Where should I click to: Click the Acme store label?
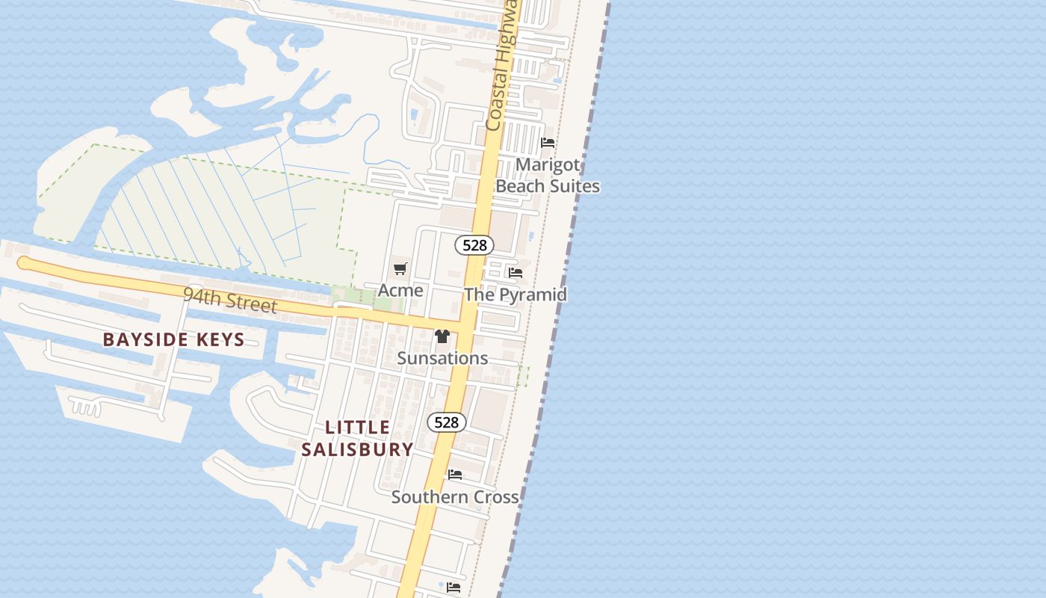click(400, 290)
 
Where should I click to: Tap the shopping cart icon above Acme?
click(400, 268)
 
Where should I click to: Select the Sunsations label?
click(442, 358)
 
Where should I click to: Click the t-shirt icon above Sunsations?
click(442, 336)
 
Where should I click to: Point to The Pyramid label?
click(515, 295)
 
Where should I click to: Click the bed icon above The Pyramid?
click(515, 273)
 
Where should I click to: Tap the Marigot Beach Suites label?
click(548, 175)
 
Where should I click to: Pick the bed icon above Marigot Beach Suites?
click(548, 143)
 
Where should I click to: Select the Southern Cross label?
click(455, 497)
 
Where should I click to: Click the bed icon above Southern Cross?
click(455, 475)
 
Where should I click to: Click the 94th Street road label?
click(230, 300)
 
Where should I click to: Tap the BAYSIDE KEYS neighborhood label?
click(173, 339)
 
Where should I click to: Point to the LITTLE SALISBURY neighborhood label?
click(357, 438)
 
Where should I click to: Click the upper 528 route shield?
click(474, 244)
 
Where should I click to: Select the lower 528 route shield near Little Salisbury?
click(447, 422)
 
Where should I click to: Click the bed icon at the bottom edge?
click(454, 588)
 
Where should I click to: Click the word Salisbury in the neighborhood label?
click(357, 449)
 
